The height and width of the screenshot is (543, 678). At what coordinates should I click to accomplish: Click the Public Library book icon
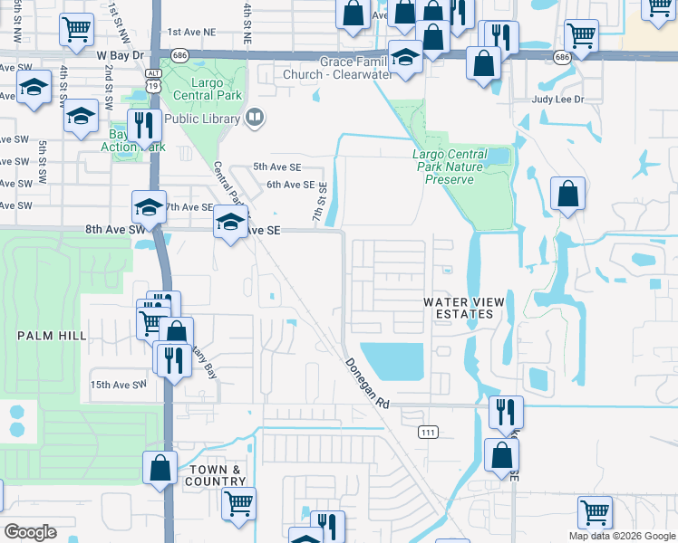(x=255, y=118)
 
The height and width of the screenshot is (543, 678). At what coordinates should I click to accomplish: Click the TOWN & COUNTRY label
(x=217, y=476)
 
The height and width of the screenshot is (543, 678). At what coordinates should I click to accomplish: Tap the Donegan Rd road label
(x=367, y=384)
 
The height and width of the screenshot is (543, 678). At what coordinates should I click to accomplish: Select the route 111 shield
(x=428, y=433)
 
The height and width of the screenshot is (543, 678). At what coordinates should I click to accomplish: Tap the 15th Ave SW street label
(x=118, y=385)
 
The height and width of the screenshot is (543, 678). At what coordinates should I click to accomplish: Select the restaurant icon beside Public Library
(x=142, y=125)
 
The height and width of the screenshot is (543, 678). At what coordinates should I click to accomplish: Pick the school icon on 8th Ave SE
(x=230, y=223)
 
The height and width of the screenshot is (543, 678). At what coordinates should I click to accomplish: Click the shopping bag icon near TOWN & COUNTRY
(x=160, y=468)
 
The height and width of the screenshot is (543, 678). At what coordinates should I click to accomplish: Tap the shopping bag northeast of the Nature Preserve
(x=567, y=194)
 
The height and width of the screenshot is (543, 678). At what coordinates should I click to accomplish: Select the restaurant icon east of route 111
(x=506, y=412)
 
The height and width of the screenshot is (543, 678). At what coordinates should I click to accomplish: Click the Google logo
(x=30, y=532)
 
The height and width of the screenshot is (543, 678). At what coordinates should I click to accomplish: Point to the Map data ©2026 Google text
(x=622, y=536)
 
